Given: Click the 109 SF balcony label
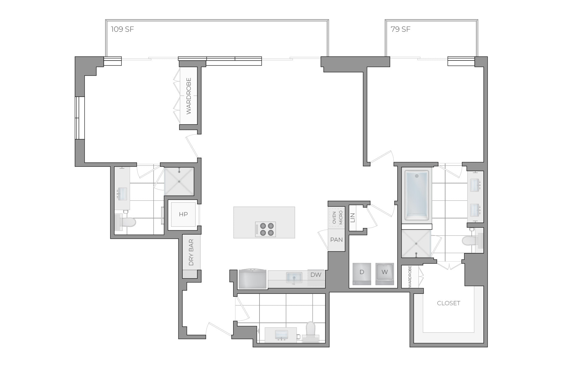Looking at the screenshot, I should tap(122, 29).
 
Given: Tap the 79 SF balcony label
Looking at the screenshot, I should tap(400, 29).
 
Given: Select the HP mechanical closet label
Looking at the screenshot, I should tap(183, 215).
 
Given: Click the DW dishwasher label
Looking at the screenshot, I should tap(316, 275).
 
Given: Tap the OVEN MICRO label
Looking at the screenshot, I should tap(337, 218).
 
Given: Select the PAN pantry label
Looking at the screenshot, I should tap(336, 240).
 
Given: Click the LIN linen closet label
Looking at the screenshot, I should tap(352, 218).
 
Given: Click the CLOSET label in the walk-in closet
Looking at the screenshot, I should tap(448, 303).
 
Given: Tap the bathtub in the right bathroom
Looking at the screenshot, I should tap(417, 196).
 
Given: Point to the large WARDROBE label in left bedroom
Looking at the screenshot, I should tap(188, 96).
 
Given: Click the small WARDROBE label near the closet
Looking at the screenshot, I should tap(410, 277).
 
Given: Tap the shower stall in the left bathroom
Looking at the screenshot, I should tap(179, 182).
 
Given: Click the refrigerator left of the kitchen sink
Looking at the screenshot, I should tap(253, 279).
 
